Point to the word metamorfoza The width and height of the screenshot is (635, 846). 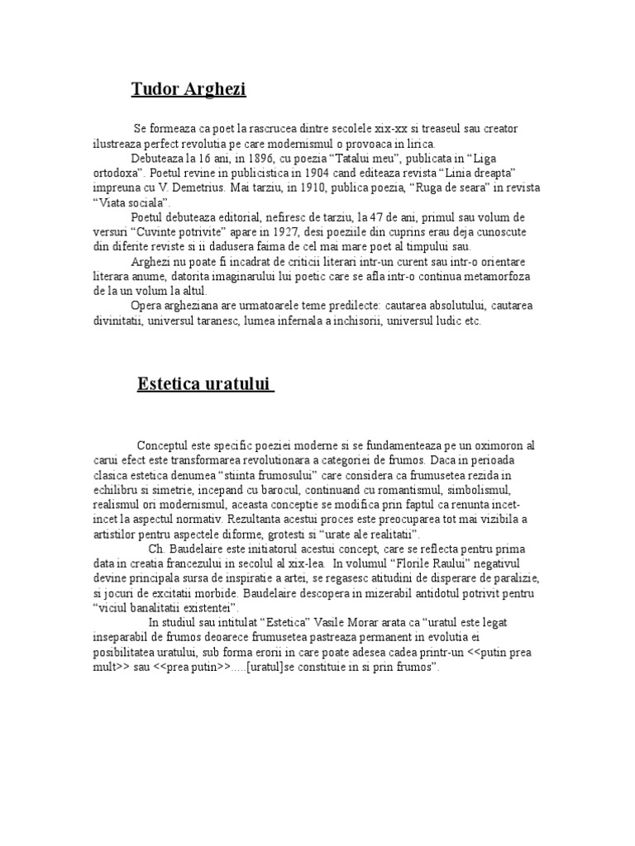coord(504,277)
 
